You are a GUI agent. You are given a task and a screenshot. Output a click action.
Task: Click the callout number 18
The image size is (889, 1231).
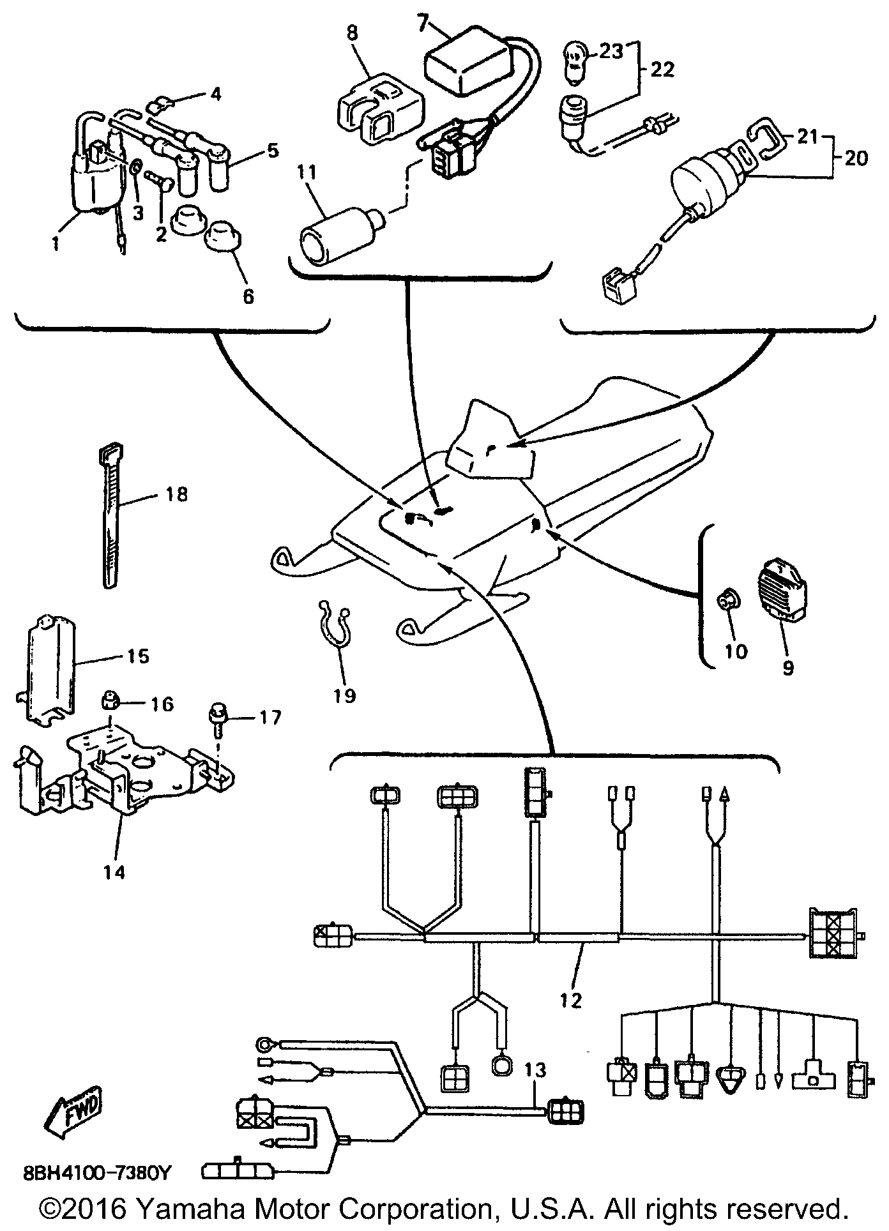coord(177,494)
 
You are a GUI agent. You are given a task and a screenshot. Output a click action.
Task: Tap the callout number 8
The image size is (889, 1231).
coord(353,32)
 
